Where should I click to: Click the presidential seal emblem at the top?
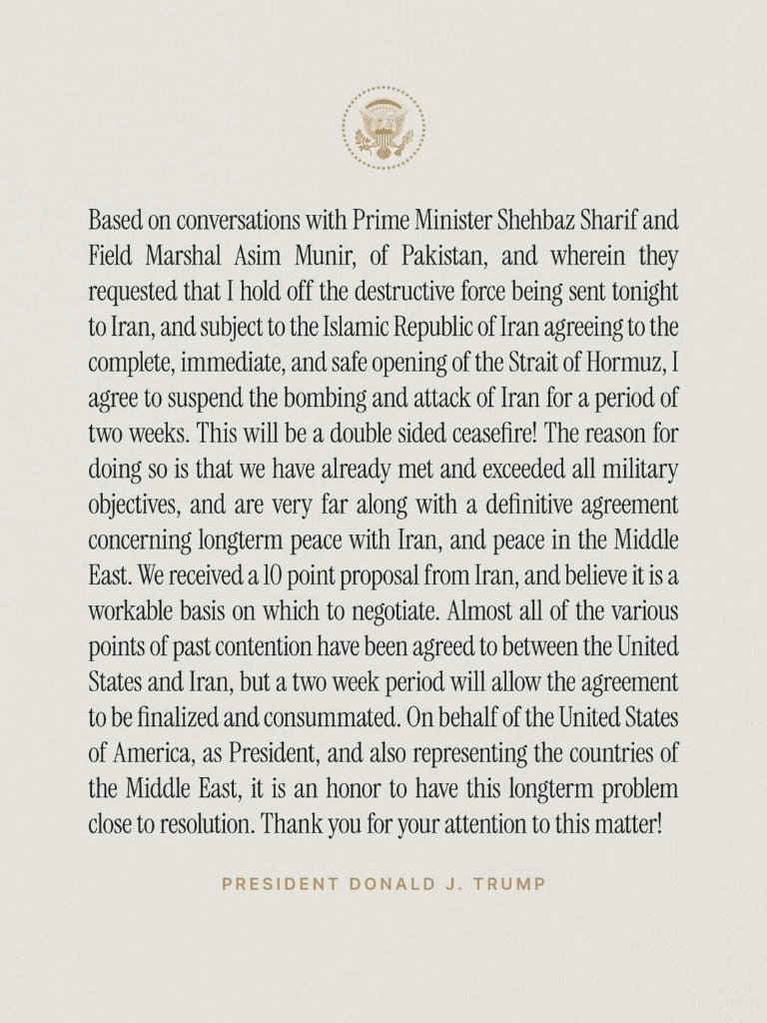coord(383,128)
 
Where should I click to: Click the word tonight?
coord(640,292)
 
